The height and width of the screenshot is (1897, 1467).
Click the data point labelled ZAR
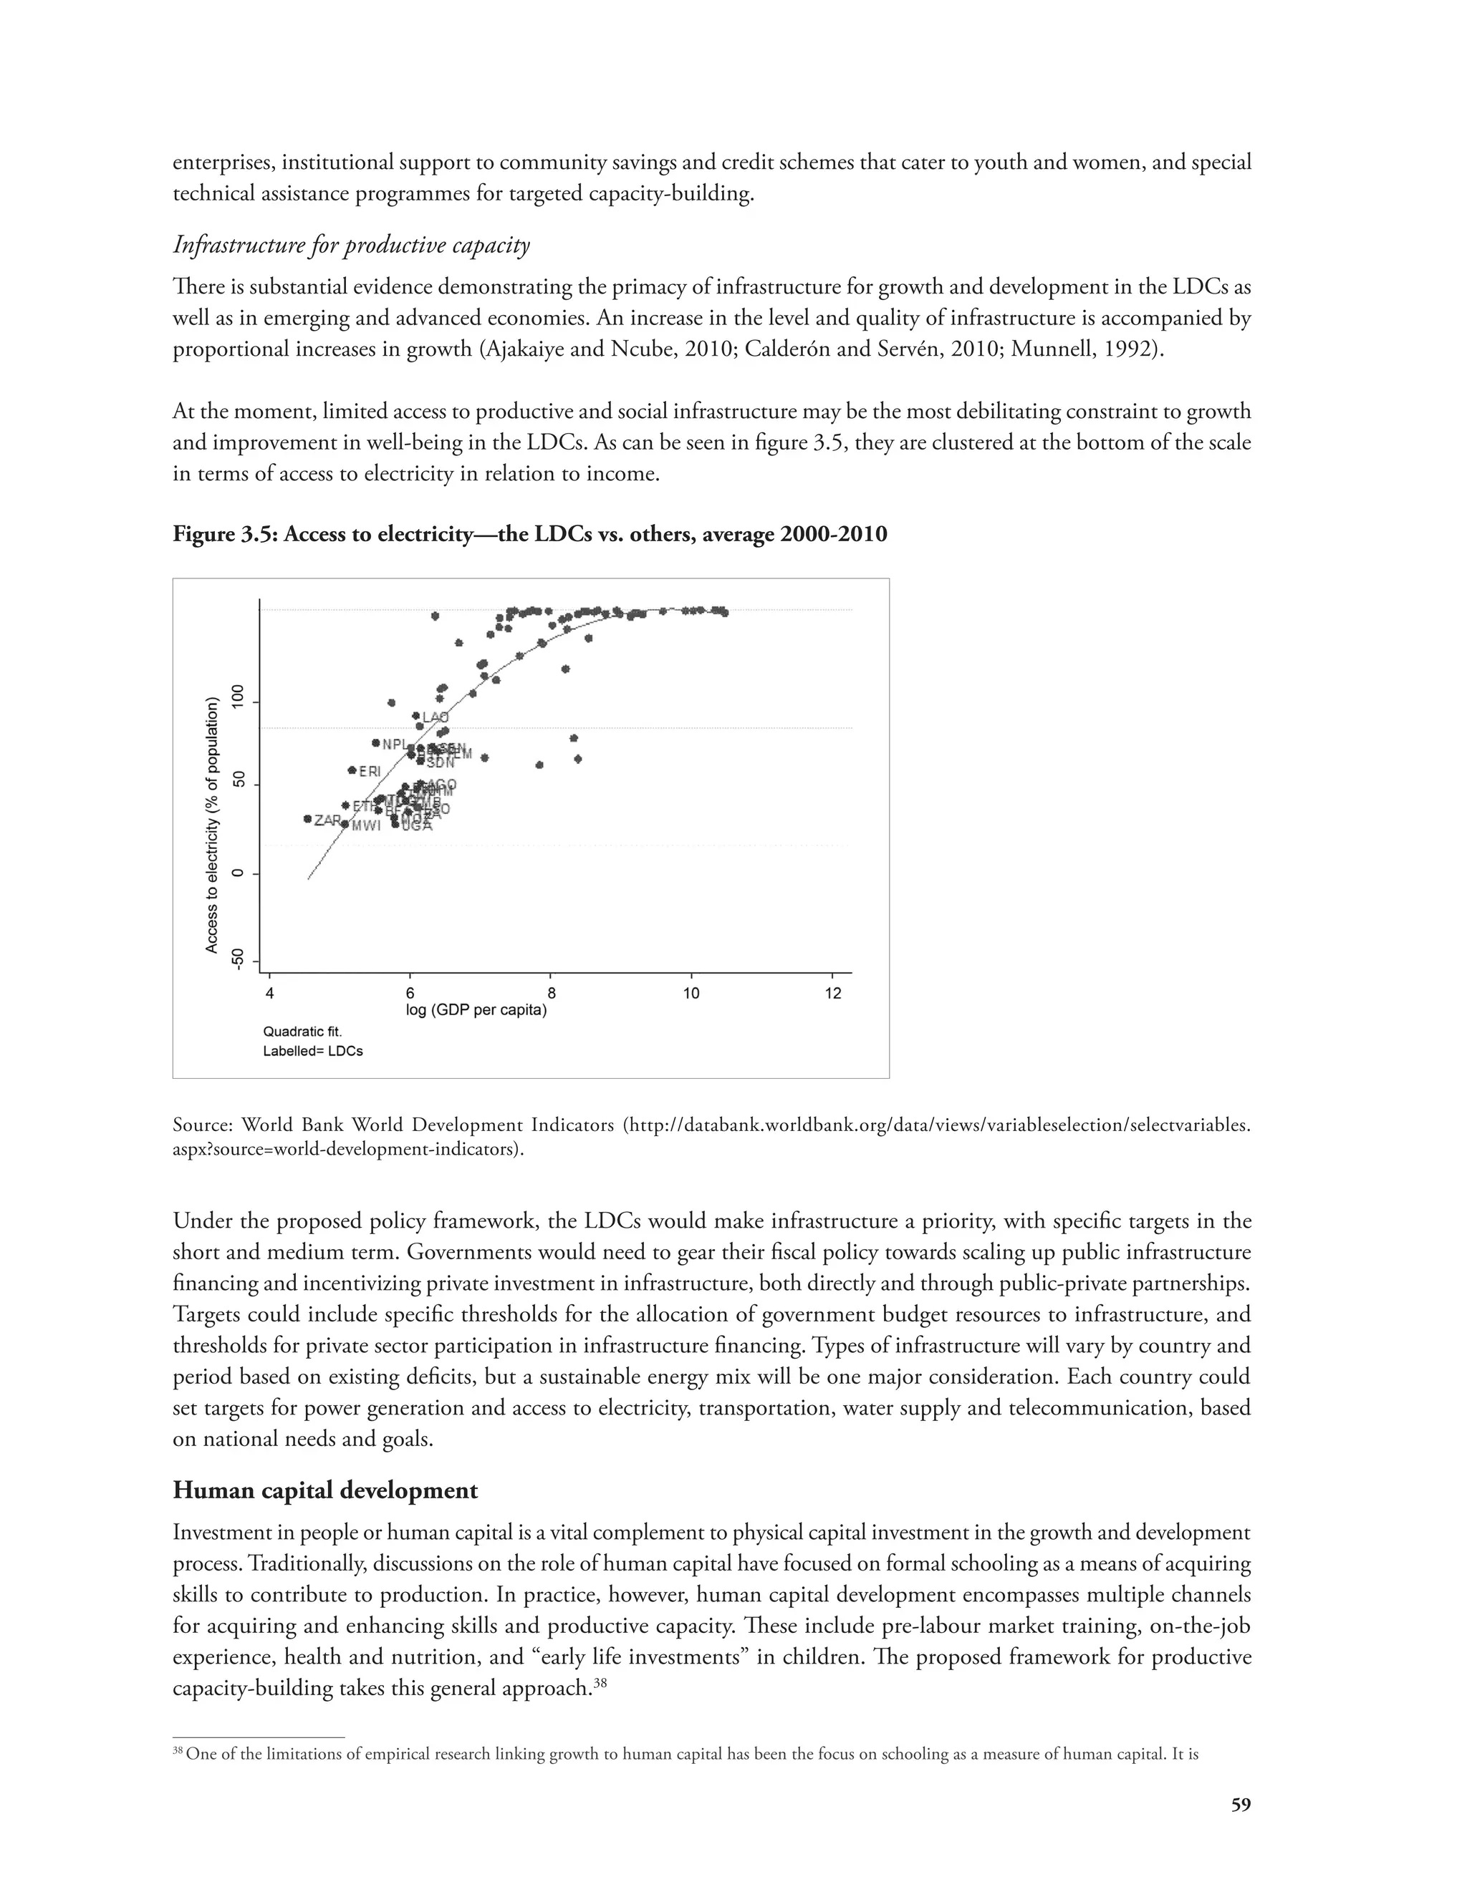pos(307,818)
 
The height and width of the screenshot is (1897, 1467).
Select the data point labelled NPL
pos(375,742)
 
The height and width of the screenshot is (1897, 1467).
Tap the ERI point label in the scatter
pos(370,770)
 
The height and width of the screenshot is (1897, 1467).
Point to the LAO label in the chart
pos(436,717)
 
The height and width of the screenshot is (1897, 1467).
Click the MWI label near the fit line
pos(366,826)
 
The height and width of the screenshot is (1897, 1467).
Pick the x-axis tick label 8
pos(551,993)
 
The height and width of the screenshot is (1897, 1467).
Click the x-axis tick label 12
pos(832,993)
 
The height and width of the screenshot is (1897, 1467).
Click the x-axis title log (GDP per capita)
pos(476,1010)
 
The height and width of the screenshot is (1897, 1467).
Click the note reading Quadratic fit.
pos(302,1032)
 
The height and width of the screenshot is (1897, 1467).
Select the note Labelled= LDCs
pos(313,1051)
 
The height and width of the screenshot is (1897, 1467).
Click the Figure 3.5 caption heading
pos(529,533)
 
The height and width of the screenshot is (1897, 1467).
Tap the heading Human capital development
pos(325,1490)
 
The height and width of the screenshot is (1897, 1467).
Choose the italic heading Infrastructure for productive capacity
pos(351,245)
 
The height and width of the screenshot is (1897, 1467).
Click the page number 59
pos(1241,1804)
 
